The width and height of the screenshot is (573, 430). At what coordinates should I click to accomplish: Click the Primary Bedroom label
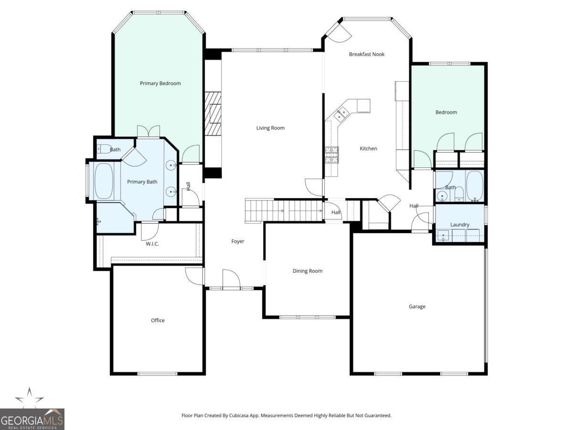tap(160, 84)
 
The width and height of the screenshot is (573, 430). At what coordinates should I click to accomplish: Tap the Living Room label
tap(270, 128)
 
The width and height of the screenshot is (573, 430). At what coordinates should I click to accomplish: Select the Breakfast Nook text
tap(367, 54)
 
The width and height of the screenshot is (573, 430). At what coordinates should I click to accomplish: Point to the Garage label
tap(417, 307)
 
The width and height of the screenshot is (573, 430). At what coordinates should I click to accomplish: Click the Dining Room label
tap(308, 271)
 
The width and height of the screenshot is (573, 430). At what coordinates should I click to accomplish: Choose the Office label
tap(158, 321)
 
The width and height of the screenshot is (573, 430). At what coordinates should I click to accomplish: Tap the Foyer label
tap(238, 242)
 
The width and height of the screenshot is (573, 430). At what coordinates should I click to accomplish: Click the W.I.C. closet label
tap(152, 244)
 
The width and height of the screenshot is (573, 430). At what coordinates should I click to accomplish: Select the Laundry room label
tap(460, 225)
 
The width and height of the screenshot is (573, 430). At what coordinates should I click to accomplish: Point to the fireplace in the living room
tap(213, 114)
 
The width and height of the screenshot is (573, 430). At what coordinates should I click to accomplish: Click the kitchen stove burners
tap(331, 154)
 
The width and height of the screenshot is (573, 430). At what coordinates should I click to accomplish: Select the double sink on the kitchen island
tap(341, 114)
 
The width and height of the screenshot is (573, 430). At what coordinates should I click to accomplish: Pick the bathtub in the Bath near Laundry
tap(475, 186)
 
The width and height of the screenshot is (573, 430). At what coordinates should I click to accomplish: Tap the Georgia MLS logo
tap(32, 419)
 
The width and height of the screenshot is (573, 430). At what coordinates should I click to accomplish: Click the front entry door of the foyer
tap(231, 280)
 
